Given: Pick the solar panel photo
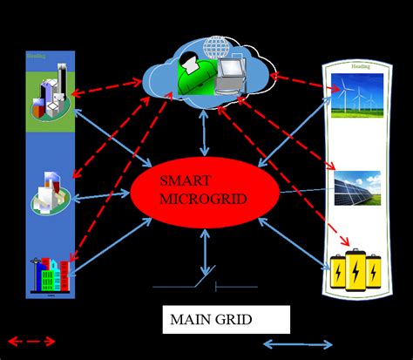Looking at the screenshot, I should [357, 187].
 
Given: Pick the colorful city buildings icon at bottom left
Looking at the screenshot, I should [47, 275].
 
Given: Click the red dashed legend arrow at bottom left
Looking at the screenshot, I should [30, 341].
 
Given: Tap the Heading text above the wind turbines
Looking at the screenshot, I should [360, 66].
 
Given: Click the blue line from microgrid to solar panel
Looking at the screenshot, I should [305, 194].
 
